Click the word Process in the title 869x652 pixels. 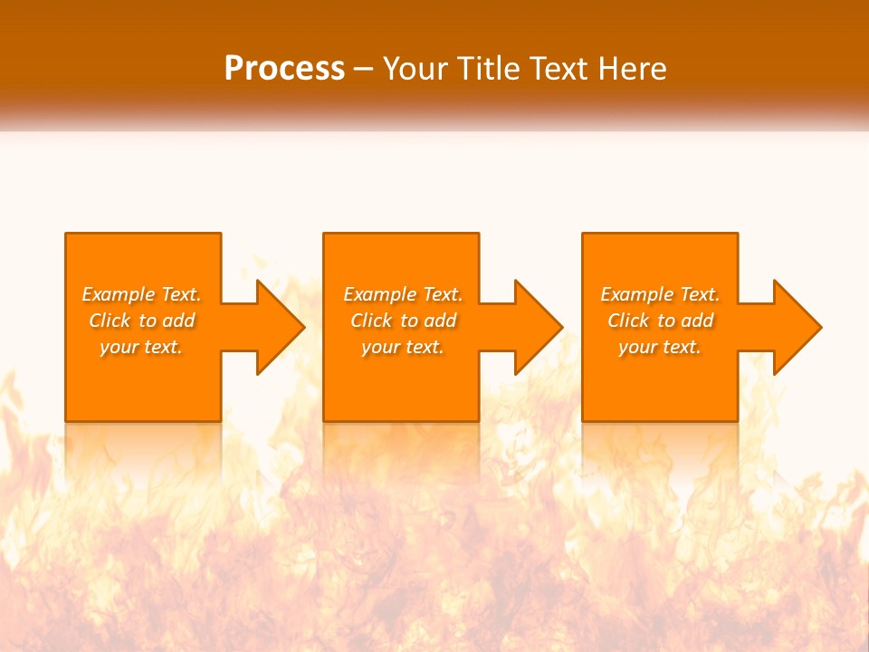(284, 69)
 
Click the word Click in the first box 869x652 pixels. (110, 321)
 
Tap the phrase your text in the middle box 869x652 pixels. (402, 347)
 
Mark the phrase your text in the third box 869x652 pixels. (659, 347)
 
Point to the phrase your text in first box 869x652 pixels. (140, 347)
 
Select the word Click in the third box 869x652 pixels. (628, 321)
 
